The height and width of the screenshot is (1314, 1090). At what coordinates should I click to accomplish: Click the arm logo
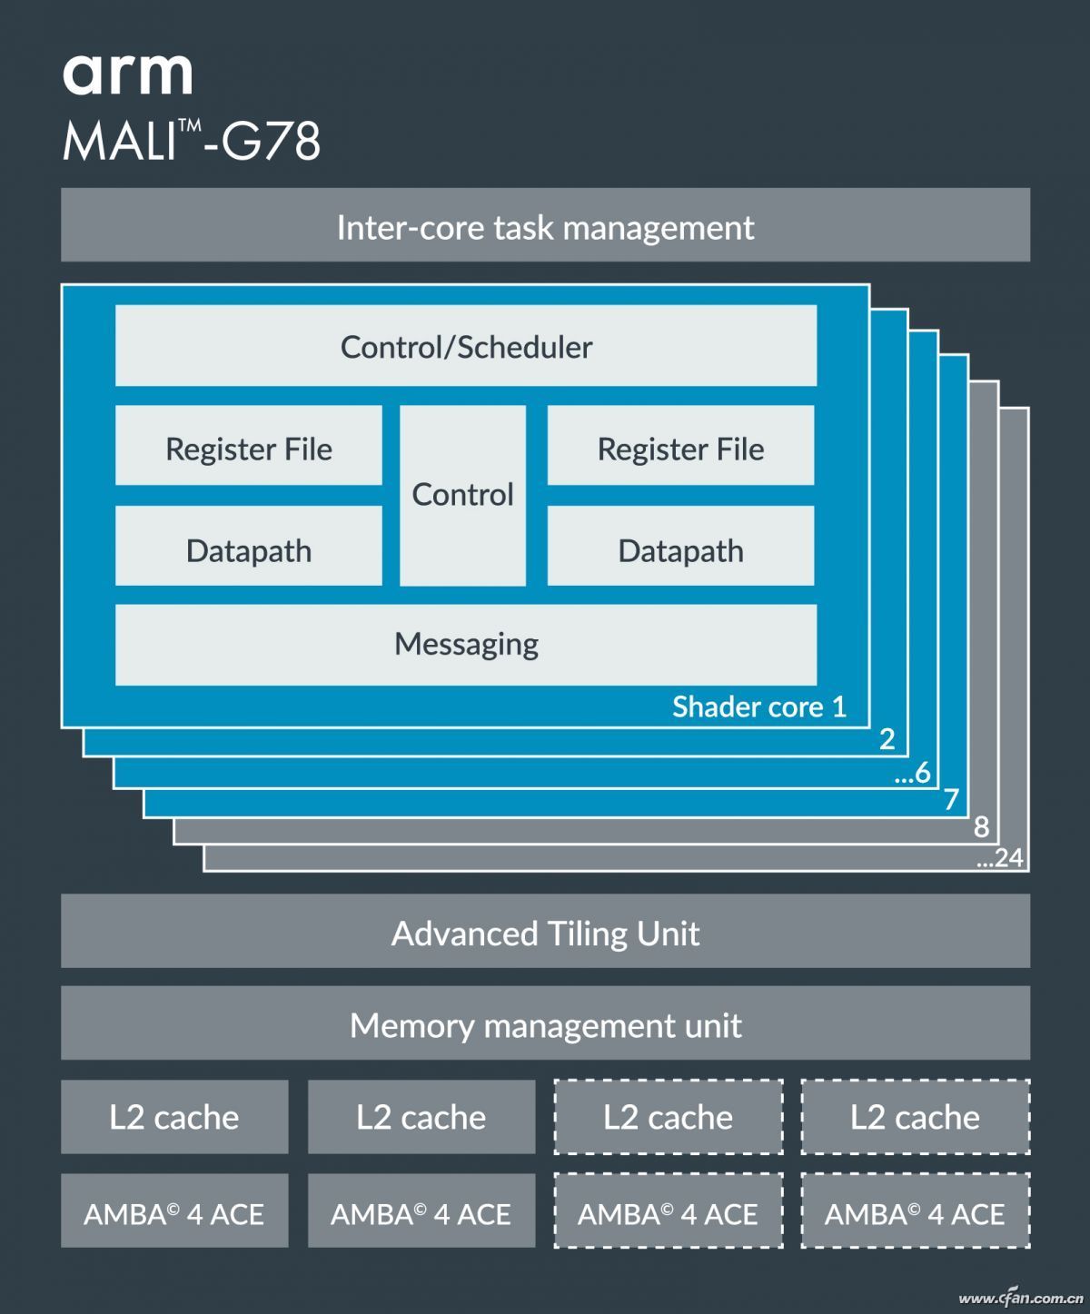tap(127, 74)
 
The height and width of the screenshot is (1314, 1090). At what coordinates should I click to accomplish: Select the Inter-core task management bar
tap(545, 226)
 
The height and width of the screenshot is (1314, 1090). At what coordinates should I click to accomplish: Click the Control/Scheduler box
tap(466, 346)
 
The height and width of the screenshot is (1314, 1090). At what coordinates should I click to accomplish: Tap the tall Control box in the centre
tap(462, 495)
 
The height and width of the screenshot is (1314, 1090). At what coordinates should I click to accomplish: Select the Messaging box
tap(466, 644)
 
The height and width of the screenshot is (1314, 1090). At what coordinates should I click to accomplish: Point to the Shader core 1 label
tap(758, 706)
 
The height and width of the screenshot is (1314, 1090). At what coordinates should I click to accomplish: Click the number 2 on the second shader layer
tap(887, 739)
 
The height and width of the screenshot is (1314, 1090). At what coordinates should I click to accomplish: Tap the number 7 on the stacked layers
tap(951, 799)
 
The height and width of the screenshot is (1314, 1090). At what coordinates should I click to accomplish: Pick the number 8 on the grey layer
tap(981, 827)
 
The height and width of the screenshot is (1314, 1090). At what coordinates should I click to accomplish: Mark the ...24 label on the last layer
tap(999, 857)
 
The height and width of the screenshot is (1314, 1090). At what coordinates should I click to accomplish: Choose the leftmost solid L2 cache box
tap(174, 1117)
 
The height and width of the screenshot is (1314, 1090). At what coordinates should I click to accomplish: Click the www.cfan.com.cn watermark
tap(1021, 1299)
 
